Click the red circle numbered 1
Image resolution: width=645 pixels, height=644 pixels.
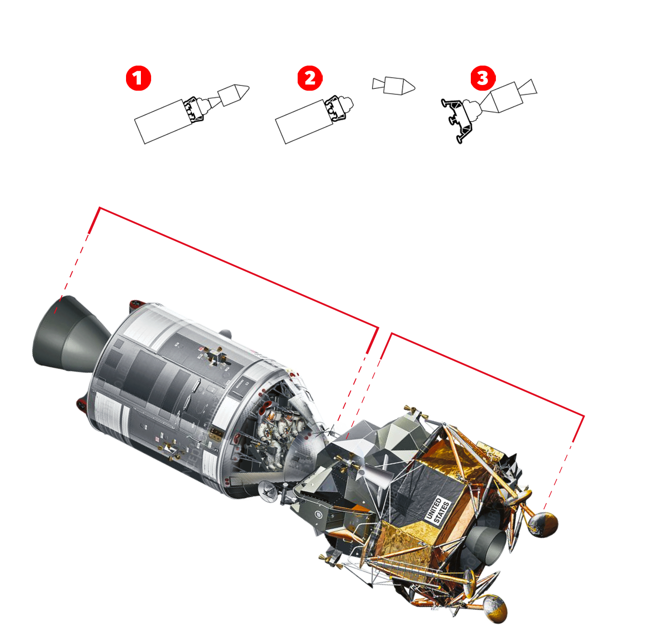pyautogui.click(x=138, y=78)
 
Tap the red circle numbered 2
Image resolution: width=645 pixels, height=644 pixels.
pyautogui.click(x=310, y=78)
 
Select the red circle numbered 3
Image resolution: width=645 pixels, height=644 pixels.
pyautogui.click(x=483, y=78)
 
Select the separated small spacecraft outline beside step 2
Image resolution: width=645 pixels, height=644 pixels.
pyautogui.click(x=393, y=86)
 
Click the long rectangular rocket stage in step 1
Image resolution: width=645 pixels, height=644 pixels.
pyautogui.click(x=163, y=121)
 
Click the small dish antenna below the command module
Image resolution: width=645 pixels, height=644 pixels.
pyautogui.click(x=268, y=491)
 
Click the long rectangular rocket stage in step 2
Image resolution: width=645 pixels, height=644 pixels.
pyautogui.click(x=304, y=121)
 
